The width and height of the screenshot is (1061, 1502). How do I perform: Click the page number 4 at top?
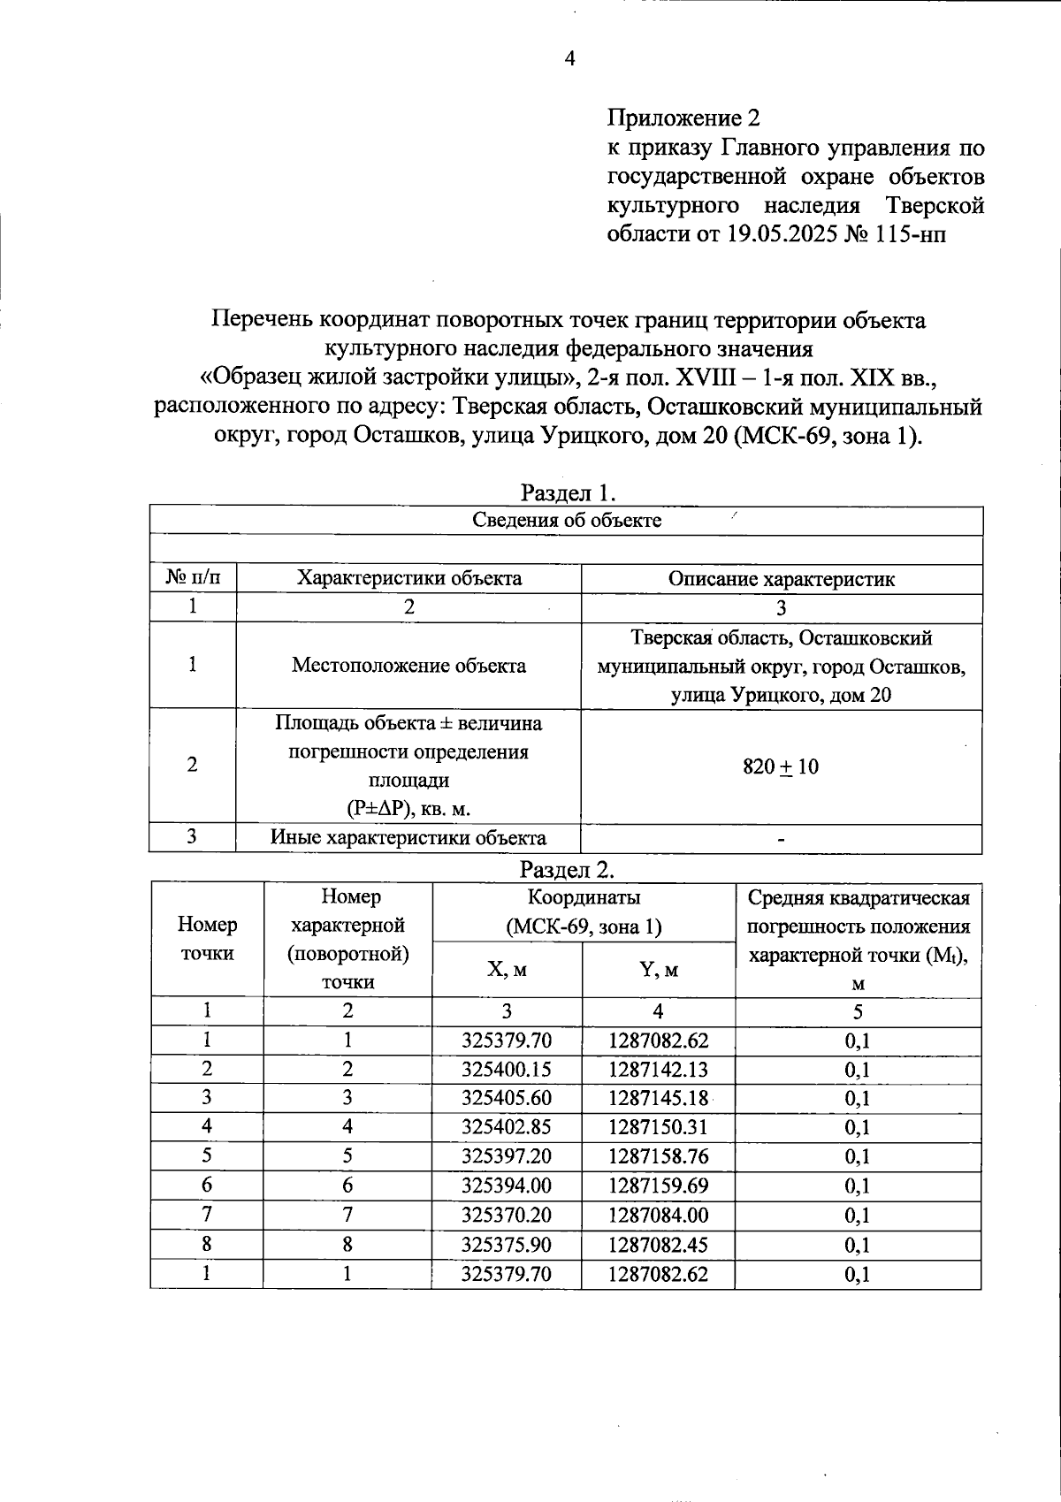pyautogui.click(x=569, y=58)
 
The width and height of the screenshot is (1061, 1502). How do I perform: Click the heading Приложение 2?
pyautogui.click(x=683, y=118)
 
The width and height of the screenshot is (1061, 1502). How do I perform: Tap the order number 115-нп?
pyautogui.click(x=918, y=234)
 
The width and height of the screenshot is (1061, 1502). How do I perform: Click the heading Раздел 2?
pyautogui.click(x=567, y=869)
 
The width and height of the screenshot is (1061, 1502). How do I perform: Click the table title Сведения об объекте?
pyautogui.click(x=567, y=520)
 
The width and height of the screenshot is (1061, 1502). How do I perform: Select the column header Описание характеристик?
pyautogui.click(x=781, y=579)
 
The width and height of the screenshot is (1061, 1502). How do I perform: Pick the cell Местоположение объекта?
pyautogui.click(x=408, y=665)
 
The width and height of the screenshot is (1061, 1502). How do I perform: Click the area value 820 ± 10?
pyautogui.click(x=781, y=766)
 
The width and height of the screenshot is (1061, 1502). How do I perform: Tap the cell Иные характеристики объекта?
pyautogui.click(x=408, y=837)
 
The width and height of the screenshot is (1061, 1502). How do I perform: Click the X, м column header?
pyautogui.click(x=507, y=969)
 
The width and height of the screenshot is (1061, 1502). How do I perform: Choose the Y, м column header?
pyautogui.click(x=658, y=969)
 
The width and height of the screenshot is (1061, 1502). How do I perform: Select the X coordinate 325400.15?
pyautogui.click(x=507, y=1069)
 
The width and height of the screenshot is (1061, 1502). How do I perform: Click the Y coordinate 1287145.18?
pyautogui.click(x=658, y=1098)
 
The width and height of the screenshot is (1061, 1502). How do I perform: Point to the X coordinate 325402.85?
pyautogui.click(x=507, y=1127)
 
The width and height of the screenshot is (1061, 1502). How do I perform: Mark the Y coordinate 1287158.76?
pyautogui.click(x=658, y=1156)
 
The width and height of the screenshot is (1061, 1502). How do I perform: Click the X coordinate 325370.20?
pyautogui.click(x=507, y=1215)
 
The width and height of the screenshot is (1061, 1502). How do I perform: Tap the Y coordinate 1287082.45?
pyautogui.click(x=658, y=1244)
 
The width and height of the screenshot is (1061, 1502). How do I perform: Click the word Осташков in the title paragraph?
pyautogui.click(x=407, y=436)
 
